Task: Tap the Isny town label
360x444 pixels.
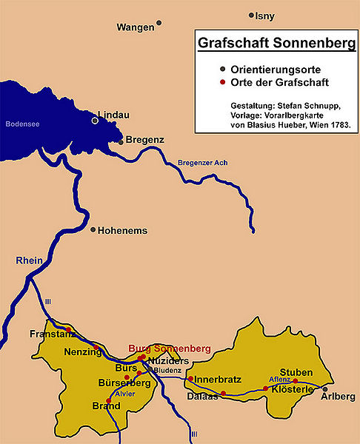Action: point(264,16)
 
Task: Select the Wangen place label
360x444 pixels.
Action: point(136,27)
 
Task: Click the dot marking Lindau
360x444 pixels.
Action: point(95,120)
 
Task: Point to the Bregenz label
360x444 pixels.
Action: point(144,140)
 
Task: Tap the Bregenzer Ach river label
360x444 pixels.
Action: point(202,164)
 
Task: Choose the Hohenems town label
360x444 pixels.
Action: point(122,231)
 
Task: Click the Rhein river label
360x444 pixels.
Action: point(30,261)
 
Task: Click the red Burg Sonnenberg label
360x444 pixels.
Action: point(170,348)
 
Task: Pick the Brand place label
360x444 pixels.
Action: point(105,406)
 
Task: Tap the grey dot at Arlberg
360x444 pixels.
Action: point(324,388)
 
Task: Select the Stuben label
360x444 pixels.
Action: point(296,371)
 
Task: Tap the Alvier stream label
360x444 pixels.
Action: point(124,394)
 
